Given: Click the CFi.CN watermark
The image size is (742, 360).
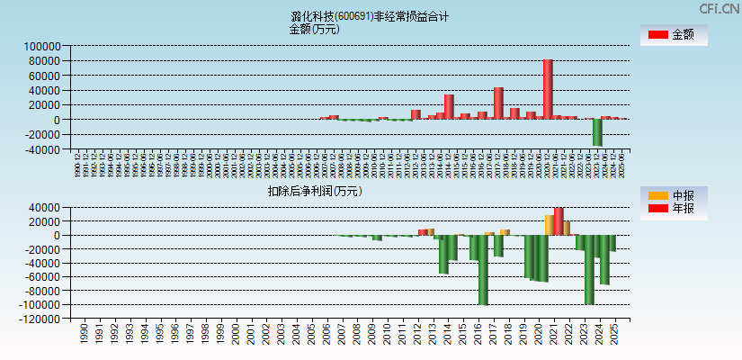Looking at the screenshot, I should coord(720,8).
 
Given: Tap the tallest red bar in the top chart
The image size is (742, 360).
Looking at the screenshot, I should coord(548,89).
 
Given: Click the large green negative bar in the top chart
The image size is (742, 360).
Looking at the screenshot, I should coord(597,132).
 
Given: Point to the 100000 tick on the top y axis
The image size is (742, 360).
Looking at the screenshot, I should coord(42,46).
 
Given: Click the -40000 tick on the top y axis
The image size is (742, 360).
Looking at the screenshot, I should coord(42,150).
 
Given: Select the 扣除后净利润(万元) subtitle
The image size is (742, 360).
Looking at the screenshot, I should coord(315,191).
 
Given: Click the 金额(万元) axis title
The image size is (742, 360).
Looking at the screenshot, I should coord(314,29).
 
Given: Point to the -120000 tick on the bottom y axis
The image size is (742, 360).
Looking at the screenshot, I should coord(40,319).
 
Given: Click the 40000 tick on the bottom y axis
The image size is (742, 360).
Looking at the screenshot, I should coord(45,208).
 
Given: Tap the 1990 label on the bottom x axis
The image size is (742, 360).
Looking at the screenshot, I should coord(84,336).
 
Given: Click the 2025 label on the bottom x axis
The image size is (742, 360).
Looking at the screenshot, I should coord(615,336).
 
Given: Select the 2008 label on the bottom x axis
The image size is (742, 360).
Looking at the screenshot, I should coord(357,336).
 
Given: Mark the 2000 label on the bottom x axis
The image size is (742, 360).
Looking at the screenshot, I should coord(236,336).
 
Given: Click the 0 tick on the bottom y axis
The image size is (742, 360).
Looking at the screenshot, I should coord(57,236).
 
